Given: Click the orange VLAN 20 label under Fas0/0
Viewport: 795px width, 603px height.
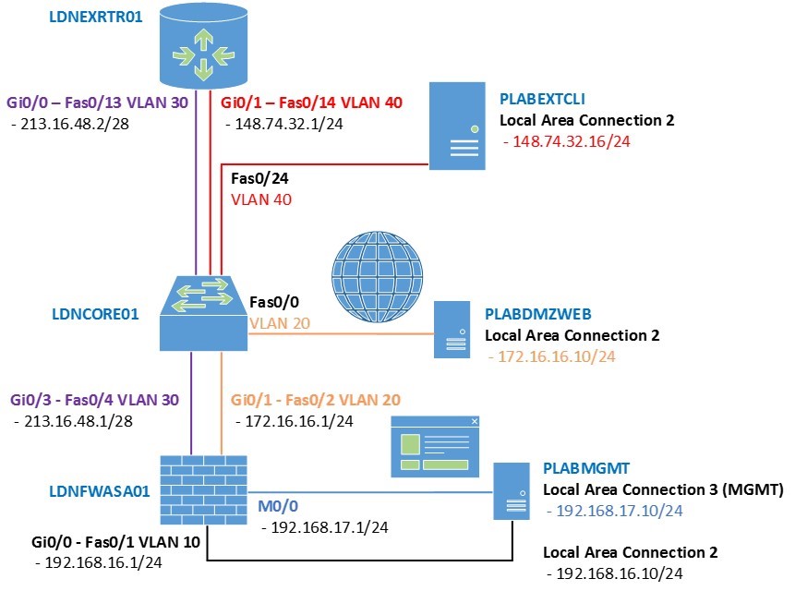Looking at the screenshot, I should click(280, 323).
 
